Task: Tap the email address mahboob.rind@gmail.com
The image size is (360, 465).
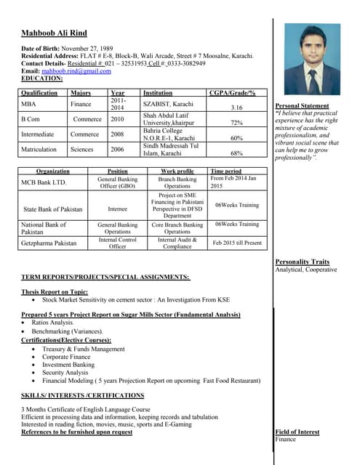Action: tap(76, 71)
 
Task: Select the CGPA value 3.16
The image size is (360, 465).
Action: tap(236, 108)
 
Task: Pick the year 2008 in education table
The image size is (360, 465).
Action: tap(117, 134)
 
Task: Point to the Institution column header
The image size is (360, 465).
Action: tap(158, 93)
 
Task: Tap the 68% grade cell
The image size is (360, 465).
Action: tap(236, 153)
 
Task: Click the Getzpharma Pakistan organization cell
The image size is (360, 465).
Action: tap(49, 243)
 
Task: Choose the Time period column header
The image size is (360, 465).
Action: tap(225, 171)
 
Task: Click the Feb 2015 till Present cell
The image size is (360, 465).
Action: tap(236, 243)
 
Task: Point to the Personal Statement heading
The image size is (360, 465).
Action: tap(302, 106)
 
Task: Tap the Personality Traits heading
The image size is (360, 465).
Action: tap(303, 262)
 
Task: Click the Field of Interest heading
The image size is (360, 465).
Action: tap(297, 432)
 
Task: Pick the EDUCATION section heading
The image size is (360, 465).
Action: tap(42, 78)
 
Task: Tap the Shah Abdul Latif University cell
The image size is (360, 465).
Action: tap(168, 119)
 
